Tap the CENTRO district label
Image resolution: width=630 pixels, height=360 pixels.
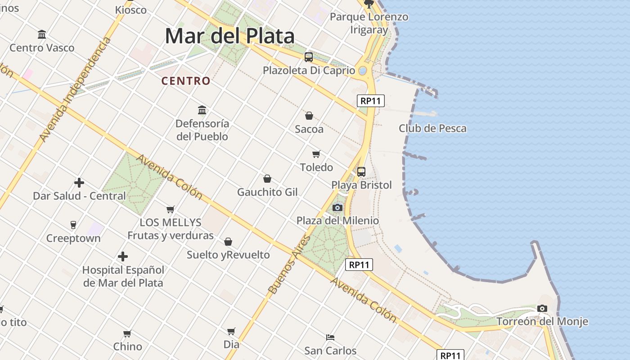[x=186, y=81]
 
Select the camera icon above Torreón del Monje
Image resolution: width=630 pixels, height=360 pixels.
[x=542, y=308]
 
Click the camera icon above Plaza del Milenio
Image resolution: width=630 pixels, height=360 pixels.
[x=337, y=207]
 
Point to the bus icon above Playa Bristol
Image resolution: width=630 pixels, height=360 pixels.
[x=361, y=171]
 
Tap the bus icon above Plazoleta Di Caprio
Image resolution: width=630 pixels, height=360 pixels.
[x=309, y=57]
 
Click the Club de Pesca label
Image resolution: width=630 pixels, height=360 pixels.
[x=432, y=128]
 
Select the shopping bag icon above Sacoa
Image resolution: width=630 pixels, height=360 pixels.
[x=309, y=116]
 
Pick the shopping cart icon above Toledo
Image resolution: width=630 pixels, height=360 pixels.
[x=316, y=154]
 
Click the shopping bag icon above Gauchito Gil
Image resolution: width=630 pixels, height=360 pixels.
[x=267, y=179]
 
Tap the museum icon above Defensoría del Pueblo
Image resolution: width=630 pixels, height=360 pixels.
[x=202, y=110]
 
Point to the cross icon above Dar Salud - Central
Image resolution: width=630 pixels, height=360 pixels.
[x=79, y=183]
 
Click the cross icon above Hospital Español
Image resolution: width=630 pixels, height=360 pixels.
[x=123, y=256]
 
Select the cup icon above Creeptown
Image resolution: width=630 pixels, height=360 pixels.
[x=73, y=225]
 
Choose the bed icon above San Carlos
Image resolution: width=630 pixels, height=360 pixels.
[x=330, y=337]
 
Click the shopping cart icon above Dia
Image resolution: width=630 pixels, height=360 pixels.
[x=231, y=331]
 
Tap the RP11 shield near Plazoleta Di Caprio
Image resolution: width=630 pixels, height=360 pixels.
[x=371, y=101]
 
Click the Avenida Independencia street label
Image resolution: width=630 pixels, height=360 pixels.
[x=75, y=90]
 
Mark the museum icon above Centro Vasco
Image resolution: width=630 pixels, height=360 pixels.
[x=42, y=34]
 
